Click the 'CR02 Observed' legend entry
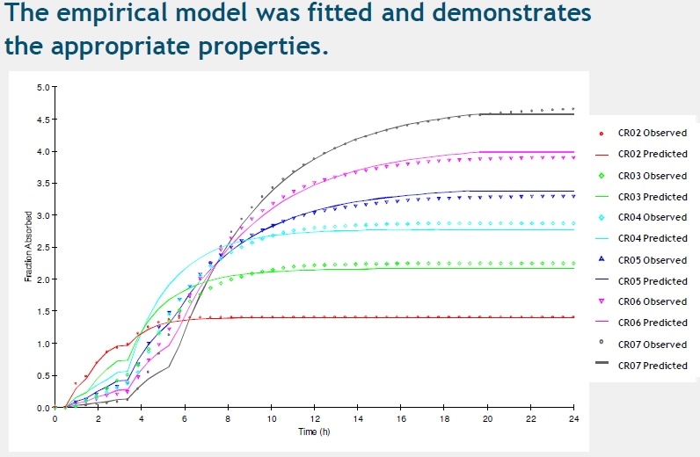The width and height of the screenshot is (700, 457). pyautogui.click(x=653, y=133)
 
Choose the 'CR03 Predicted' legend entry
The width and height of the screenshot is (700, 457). pyautogui.click(x=653, y=197)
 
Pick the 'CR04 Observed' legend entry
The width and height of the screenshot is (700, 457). pyautogui.click(x=653, y=217)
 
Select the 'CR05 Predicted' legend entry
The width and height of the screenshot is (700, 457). pyautogui.click(x=653, y=281)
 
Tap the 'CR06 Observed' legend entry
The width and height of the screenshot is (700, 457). pyautogui.click(x=653, y=301)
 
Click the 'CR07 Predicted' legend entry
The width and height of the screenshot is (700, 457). pyautogui.click(x=653, y=366)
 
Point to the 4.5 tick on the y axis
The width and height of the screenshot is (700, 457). pyautogui.click(x=42, y=120)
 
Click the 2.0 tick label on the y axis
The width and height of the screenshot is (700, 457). pyautogui.click(x=42, y=279)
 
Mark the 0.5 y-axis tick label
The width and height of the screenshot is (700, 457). pyautogui.click(x=42, y=376)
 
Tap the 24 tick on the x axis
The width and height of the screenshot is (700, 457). pyautogui.click(x=573, y=418)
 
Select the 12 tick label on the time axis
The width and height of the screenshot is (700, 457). pyautogui.click(x=315, y=418)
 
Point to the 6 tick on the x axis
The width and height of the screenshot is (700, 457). pyautogui.click(x=185, y=418)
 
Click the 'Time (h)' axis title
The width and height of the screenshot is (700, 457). pyautogui.click(x=314, y=432)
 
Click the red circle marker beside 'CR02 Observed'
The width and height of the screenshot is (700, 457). pyautogui.click(x=601, y=133)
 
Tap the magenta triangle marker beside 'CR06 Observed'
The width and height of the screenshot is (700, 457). pyautogui.click(x=601, y=301)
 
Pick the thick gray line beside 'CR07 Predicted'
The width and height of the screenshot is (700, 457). pyautogui.click(x=601, y=366)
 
